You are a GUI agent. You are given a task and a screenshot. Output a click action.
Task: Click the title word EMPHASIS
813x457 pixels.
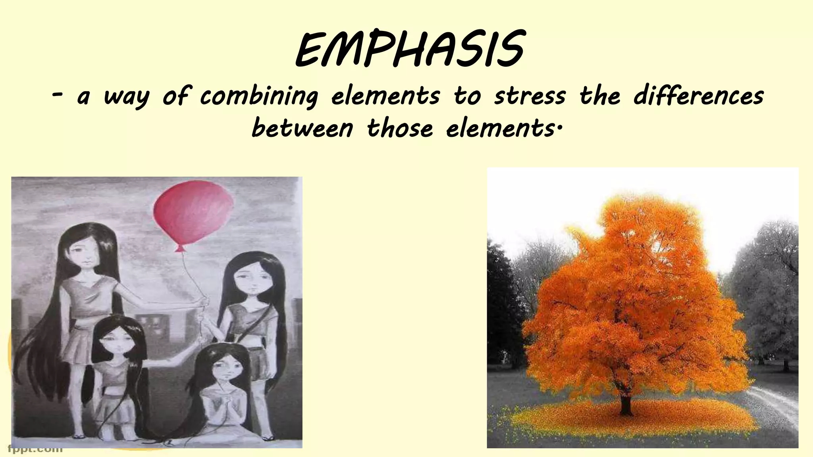409,51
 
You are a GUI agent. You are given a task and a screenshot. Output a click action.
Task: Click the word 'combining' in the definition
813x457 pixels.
259,96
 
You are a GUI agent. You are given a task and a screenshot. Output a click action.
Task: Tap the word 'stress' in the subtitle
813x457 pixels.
530,96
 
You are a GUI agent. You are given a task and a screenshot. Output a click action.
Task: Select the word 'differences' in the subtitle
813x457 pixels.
698,96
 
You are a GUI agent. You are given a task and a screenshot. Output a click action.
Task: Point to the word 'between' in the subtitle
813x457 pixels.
302,128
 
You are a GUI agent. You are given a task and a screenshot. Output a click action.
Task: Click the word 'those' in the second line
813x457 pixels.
399,128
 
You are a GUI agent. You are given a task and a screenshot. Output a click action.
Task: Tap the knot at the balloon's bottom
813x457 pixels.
180,249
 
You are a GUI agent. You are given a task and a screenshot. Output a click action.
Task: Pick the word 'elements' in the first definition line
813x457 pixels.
385,96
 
